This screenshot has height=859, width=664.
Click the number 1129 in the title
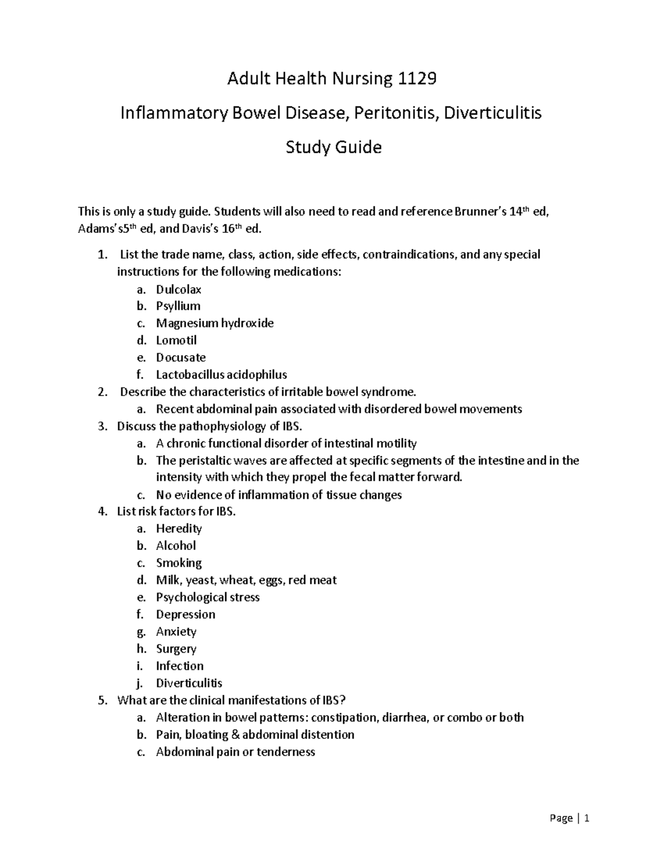click(x=417, y=79)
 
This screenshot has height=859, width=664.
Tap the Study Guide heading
click(x=333, y=148)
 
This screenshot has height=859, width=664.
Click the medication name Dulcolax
click(x=178, y=289)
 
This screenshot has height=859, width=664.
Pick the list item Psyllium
click(x=178, y=306)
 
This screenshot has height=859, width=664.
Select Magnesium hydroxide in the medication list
click(x=215, y=323)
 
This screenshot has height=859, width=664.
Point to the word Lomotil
click(x=176, y=340)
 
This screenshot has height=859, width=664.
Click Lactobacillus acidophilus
click(x=221, y=374)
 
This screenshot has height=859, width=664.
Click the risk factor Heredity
click(x=178, y=528)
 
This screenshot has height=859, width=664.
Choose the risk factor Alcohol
click(x=175, y=545)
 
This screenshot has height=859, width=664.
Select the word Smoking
click(x=178, y=563)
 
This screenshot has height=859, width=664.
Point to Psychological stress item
click(x=207, y=597)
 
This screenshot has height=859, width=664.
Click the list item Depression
click(x=185, y=614)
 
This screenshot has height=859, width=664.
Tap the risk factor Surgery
click(x=176, y=648)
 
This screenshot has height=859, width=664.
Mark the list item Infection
click(x=179, y=665)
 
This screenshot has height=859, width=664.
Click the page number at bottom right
click(x=587, y=818)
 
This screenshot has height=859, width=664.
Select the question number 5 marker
click(x=102, y=700)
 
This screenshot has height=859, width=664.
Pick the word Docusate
click(x=180, y=357)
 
